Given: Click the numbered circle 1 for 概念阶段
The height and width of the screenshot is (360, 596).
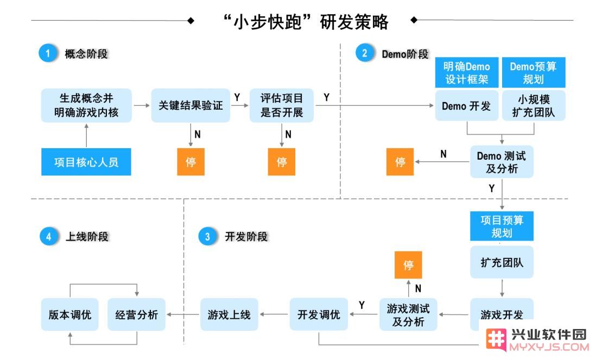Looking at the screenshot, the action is tap(48, 53).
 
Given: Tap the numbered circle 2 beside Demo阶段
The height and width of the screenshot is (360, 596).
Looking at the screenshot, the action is tap(365, 53).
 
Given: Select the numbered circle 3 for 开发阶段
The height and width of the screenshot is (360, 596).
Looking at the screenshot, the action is tap(207, 236).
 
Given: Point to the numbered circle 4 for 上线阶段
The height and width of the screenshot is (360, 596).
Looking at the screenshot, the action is tap(49, 236).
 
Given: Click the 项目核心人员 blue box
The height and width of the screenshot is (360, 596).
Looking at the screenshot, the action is tap(86, 162).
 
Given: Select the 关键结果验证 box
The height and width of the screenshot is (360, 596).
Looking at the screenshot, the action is tap(191, 105).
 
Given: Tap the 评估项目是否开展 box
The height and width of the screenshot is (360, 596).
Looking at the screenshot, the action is tap(282, 105).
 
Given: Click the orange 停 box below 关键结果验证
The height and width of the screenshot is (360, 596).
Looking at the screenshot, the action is tap(191, 162).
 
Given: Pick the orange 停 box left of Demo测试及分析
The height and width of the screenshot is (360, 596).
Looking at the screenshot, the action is tap(400, 162).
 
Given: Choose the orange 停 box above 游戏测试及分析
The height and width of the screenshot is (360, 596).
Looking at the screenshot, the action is tap(408, 265).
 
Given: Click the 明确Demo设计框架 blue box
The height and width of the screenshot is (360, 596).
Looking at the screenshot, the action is tap(467, 73).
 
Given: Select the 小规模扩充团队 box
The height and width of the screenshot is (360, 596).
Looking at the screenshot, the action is tap(534, 106).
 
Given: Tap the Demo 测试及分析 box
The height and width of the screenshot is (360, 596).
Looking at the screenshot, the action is tap(502, 162).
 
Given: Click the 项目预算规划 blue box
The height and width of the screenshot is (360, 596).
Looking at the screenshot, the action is tap(502, 226).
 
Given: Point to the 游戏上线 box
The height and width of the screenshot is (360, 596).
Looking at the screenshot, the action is tap(229, 314).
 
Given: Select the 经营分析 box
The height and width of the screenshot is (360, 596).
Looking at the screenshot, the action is tap(136, 314).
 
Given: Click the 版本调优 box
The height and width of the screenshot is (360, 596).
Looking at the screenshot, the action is tap(70, 314).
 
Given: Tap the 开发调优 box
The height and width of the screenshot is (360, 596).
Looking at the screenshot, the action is tap(319, 314).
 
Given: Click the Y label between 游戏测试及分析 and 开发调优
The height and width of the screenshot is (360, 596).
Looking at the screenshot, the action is tap(362, 305).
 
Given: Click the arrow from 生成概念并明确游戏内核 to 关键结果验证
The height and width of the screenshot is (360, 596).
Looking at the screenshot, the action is tap(142, 105).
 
